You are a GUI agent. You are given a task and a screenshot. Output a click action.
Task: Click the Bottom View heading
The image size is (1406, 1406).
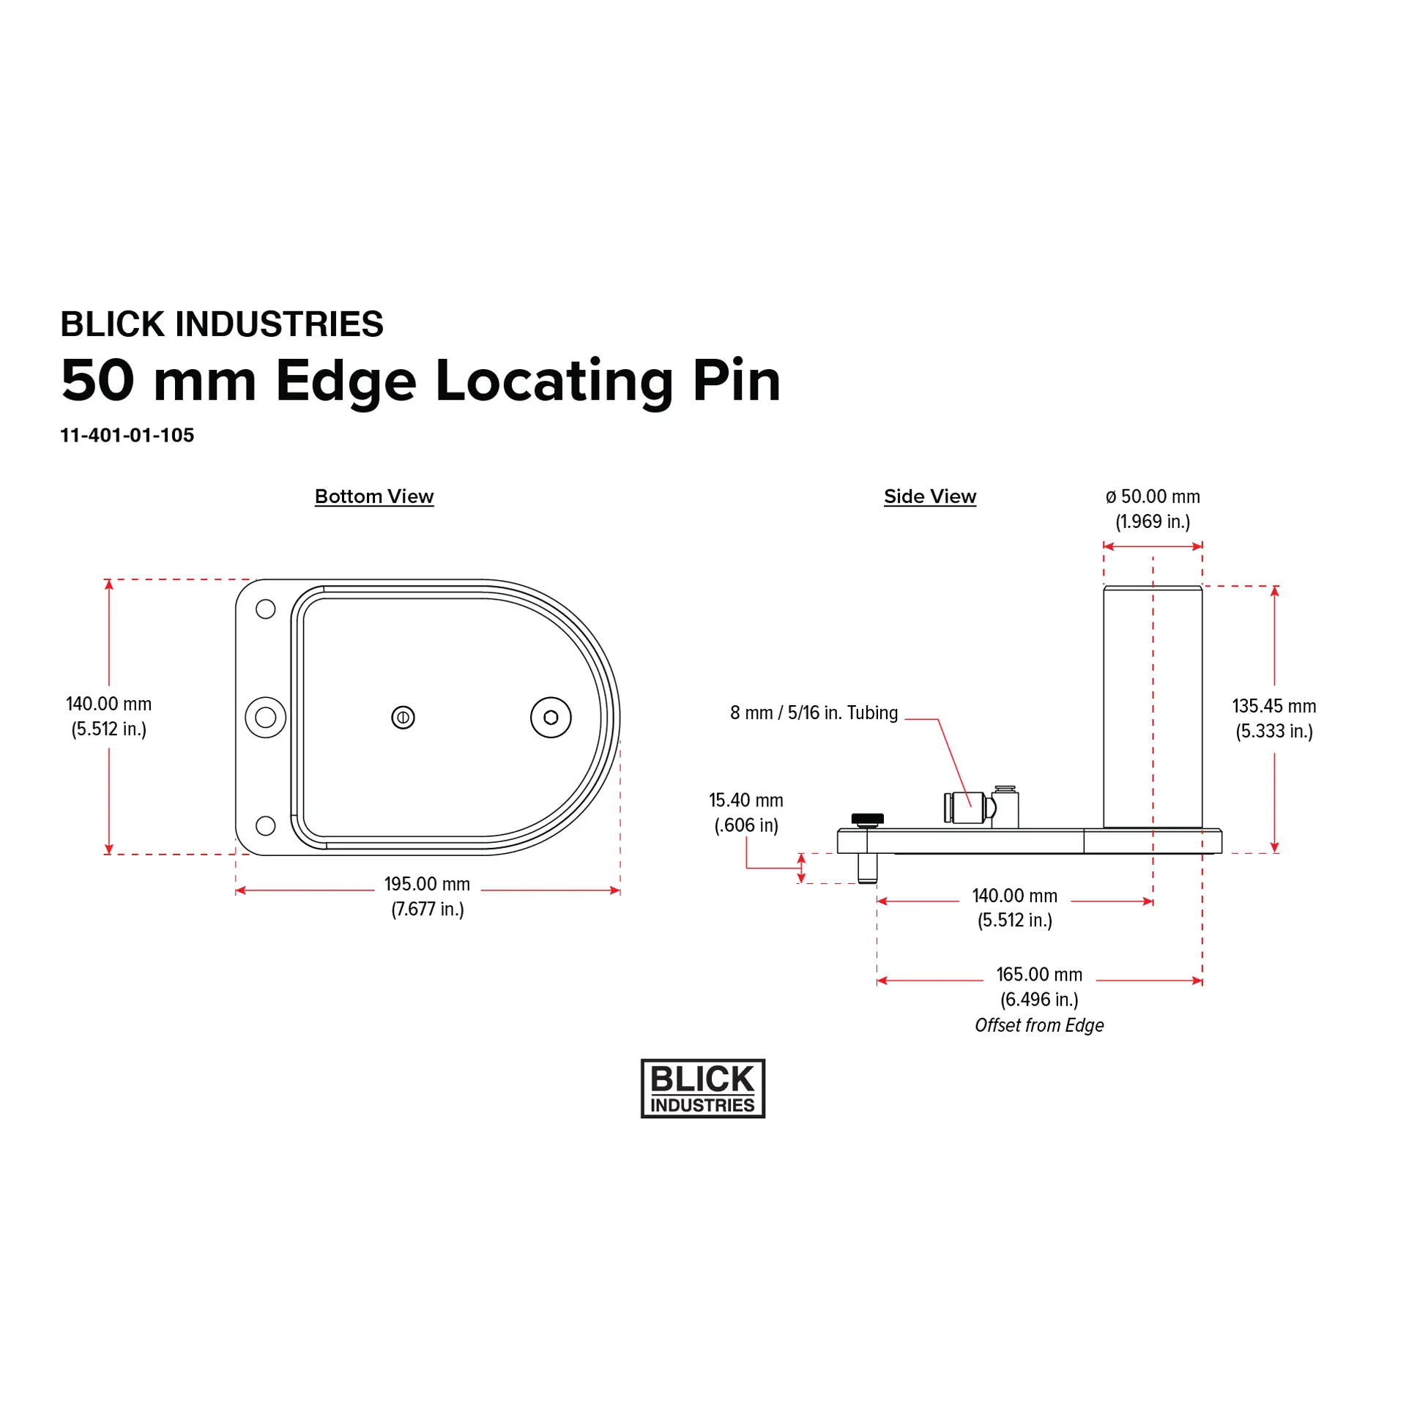(x=374, y=496)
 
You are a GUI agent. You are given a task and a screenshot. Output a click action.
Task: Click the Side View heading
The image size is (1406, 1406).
(x=930, y=496)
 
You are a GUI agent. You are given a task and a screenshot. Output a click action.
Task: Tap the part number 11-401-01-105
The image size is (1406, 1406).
(x=127, y=435)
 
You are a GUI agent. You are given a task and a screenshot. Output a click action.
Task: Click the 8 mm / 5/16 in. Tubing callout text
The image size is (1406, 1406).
(x=814, y=713)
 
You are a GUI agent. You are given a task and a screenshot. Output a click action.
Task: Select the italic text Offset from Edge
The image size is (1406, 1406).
(x=1039, y=1025)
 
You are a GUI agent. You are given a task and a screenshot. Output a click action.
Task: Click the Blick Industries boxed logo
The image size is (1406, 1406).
(x=703, y=1088)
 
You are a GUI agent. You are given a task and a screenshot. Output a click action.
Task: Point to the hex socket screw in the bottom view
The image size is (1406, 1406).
(x=551, y=718)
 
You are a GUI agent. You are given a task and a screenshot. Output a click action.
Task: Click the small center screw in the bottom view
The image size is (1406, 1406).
(x=403, y=718)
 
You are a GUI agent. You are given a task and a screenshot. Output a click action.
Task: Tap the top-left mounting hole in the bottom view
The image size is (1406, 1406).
(x=266, y=609)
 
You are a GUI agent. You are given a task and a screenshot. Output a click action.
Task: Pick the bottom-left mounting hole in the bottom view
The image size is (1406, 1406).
(x=266, y=826)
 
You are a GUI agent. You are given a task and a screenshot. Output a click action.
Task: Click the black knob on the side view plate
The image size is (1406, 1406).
(x=868, y=819)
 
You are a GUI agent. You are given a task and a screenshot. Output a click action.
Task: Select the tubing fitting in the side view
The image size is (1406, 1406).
(x=981, y=807)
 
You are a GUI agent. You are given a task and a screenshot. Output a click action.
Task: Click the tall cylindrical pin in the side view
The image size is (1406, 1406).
(x=1153, y=707)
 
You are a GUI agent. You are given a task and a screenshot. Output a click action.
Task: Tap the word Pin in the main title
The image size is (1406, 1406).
(x=737, y=381)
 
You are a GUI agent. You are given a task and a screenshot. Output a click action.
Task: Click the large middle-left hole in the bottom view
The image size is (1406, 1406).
(x=266, y=718)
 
